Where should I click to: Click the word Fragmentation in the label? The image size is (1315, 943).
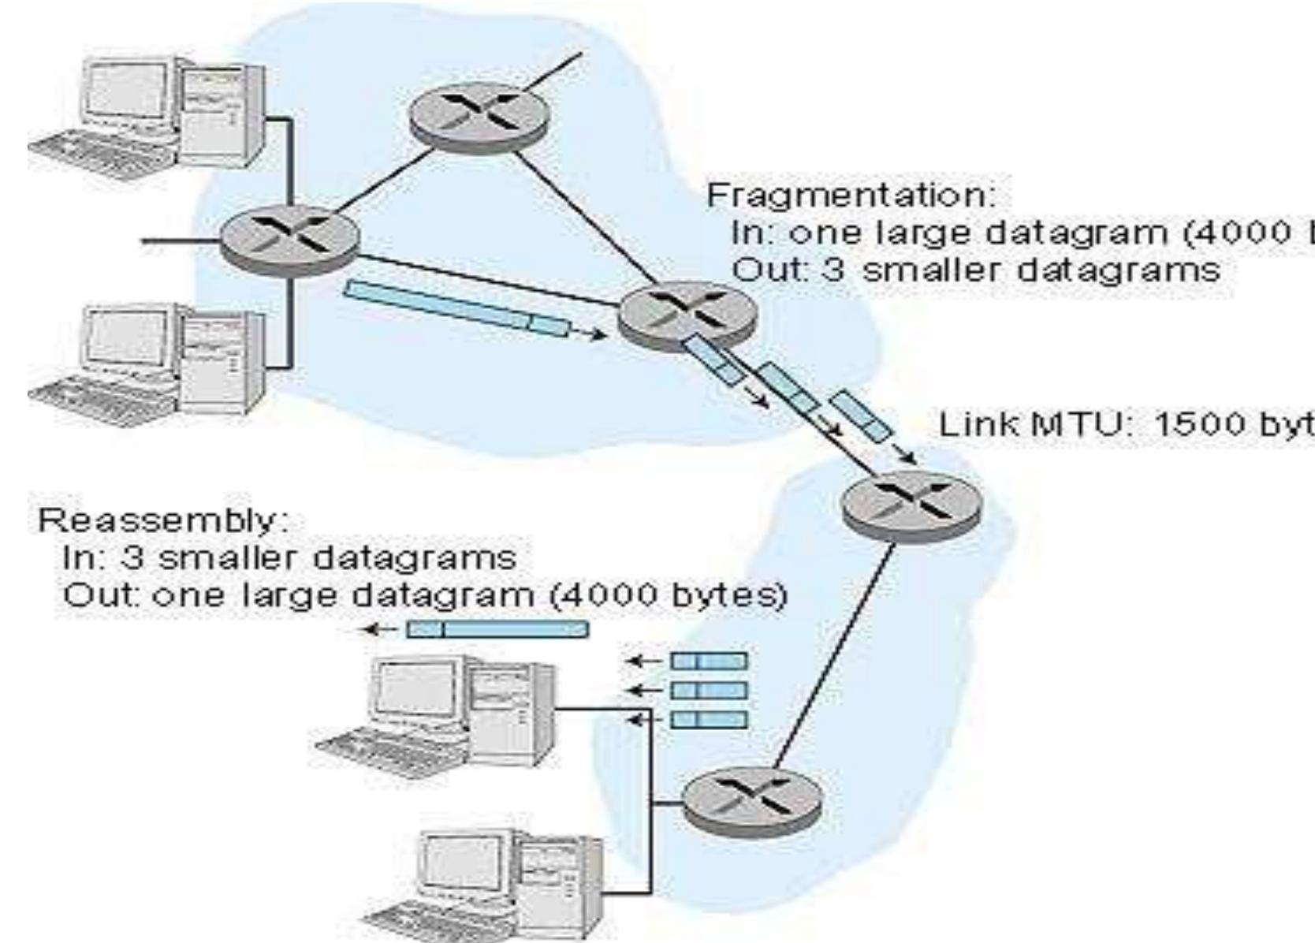850,195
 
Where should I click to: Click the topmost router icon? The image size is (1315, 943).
479,119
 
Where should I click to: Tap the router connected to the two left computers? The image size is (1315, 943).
290,237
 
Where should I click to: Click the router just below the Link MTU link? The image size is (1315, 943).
911,505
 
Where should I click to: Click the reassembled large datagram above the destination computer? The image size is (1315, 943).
497,628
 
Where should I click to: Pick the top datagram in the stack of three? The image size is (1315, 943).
708,661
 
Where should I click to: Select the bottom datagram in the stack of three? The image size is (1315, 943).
708,719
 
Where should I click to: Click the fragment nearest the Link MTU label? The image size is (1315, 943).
862,415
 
